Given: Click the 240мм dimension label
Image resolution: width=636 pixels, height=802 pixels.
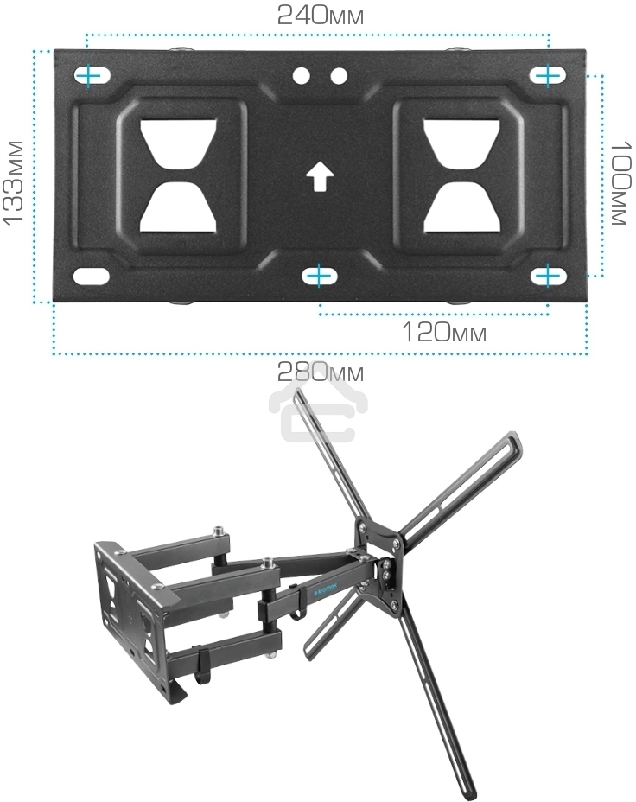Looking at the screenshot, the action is [320, 15].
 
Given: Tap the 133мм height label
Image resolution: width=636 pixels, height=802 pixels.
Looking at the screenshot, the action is [13, 181].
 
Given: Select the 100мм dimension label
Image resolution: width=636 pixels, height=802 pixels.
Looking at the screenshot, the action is [623, 182].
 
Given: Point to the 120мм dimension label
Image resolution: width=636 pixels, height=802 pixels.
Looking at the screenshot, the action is [444, 333].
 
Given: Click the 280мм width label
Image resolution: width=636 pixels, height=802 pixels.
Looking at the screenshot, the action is [320, 372].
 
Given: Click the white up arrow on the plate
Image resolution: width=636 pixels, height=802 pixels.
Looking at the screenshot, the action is [320, 176].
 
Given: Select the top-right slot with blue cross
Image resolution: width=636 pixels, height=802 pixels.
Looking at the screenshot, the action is [548, 76].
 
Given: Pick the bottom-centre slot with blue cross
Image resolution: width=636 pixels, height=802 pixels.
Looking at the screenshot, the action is [320, 276].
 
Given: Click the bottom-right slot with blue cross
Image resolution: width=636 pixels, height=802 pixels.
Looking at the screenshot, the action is [548, 276].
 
